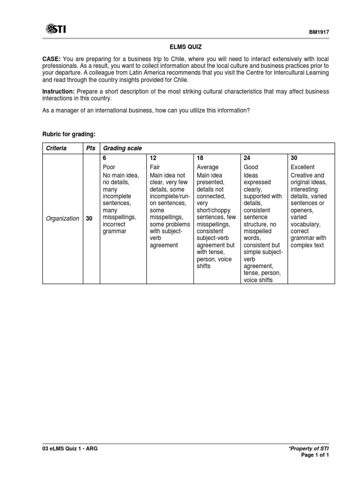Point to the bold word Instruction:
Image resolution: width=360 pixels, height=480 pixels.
coord(59,91)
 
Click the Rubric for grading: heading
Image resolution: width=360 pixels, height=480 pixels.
coord(69,135)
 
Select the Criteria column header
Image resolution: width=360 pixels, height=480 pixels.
coord(56,148)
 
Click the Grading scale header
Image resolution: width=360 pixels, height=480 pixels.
coord(122,148)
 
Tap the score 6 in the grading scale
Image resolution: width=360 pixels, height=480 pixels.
coord(105,158)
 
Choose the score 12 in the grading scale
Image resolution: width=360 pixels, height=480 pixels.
coord(153,158)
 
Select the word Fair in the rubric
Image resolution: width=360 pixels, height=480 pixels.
coord(155,167)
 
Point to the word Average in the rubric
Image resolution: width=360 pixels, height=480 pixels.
coord(208,167)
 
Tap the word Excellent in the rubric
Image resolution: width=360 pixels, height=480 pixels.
coord(303,167)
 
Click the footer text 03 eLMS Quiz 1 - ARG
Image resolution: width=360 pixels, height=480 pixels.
coord(70,449)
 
